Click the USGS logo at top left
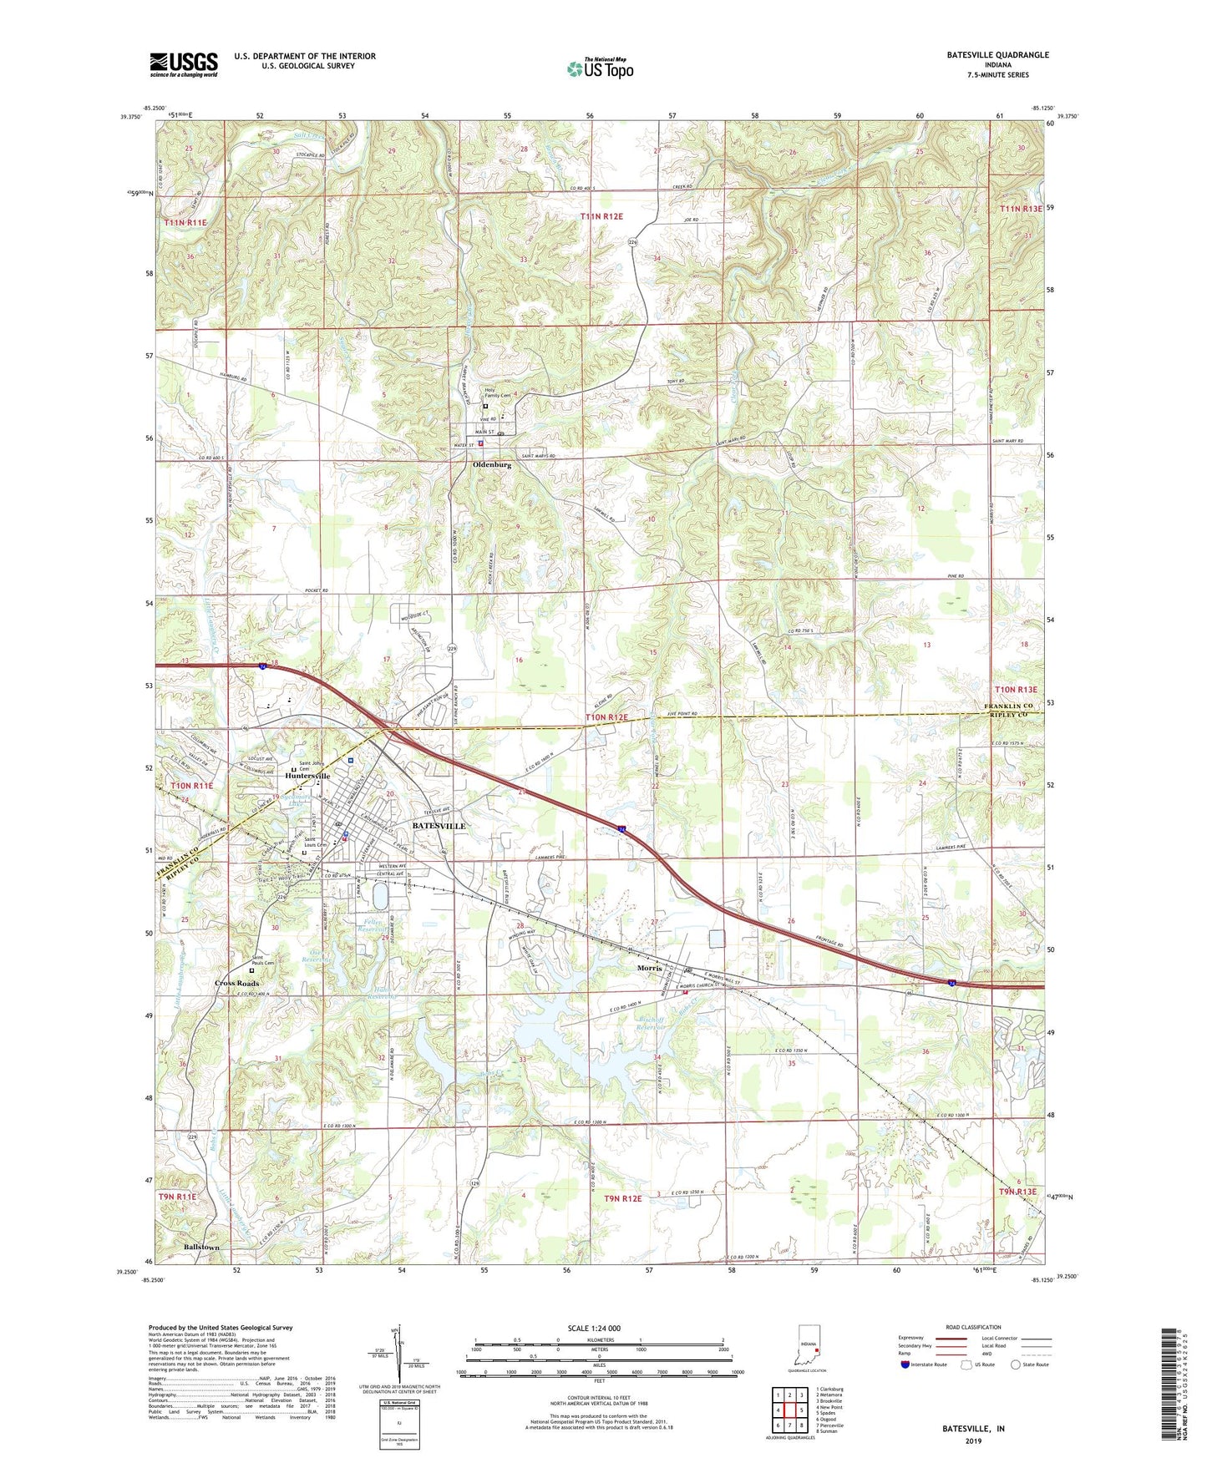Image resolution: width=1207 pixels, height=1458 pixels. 184,64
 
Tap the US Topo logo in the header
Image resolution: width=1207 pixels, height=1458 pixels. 600,68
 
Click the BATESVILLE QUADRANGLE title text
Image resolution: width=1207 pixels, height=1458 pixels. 997,55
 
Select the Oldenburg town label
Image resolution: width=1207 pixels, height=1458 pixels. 491,465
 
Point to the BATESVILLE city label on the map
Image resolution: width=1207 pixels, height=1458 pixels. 439,825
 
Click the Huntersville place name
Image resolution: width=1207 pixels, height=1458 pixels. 307,776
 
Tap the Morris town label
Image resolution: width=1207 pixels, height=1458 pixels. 649,968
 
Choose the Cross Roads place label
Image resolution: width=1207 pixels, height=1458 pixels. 236,983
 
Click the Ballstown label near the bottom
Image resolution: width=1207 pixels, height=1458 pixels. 201,1248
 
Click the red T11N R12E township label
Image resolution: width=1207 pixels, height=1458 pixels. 601,216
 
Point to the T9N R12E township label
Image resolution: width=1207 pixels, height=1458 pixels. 622,1198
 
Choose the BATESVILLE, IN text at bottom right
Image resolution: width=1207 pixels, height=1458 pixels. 973,1429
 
